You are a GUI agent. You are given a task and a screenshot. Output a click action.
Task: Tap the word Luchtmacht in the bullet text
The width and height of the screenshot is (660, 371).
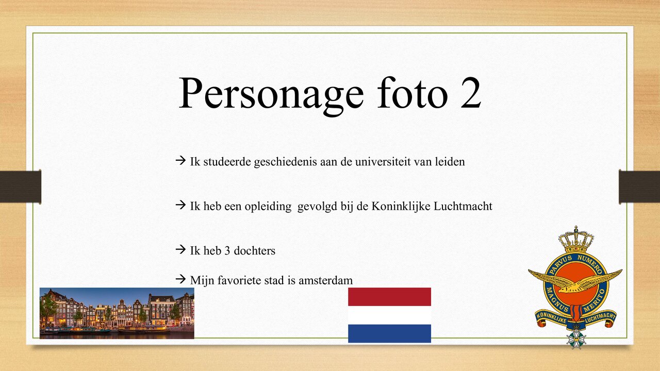(463, 207)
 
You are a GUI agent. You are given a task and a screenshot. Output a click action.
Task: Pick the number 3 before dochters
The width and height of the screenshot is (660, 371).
(227, 251)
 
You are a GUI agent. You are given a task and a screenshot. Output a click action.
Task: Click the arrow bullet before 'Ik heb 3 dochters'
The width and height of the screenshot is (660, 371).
(180, 250)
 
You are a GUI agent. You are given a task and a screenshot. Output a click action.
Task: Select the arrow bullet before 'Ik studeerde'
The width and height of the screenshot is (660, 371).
(180, 161)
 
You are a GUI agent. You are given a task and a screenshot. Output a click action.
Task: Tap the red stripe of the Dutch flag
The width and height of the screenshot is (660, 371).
(389, 297)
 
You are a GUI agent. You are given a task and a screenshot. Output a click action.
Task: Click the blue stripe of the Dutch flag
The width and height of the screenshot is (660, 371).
(389, 333)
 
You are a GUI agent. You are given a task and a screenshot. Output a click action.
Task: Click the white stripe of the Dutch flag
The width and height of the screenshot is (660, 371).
(389, 315)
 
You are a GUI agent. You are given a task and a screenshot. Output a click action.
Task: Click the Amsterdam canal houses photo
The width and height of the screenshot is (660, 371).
(117, 313)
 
